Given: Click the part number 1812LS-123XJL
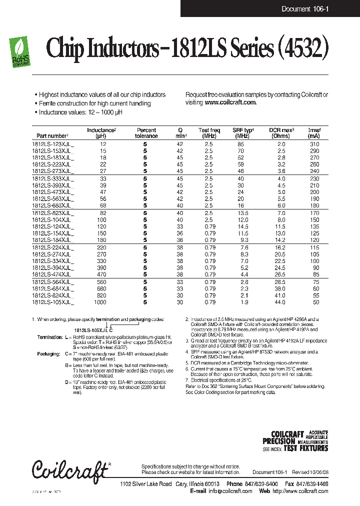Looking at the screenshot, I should (x=52, y=144).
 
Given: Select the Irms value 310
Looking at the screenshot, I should (x=313, y=144).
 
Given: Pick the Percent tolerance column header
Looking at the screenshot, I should (x=146, y=132).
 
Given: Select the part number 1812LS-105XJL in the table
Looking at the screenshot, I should (x=52, y=302).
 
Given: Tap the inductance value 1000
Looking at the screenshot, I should (x=100, y=302).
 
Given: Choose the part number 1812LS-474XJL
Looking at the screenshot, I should (x=52, y=274).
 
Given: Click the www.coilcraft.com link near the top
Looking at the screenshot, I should (x=230, y=102).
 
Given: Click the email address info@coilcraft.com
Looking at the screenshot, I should (x=230, y=491).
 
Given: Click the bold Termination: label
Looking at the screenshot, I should (x=48, y=337).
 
